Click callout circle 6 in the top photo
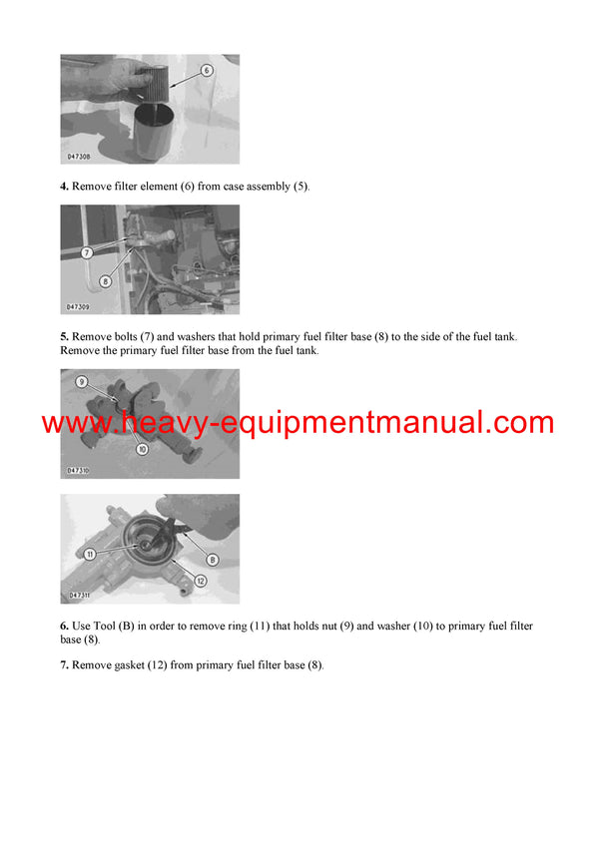pyautogui.click(x=207, y=71)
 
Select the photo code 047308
pyautogui.click(x=80, y=157)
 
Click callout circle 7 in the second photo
pyautogui.click(x=86, y=253)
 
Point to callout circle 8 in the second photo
pyautogui.click(x=105, y=282)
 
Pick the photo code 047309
pyautogui.click(x=80, y=307)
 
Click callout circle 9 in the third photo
pyautogui.click(x=82, y=382)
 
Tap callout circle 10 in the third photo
pyautogui.click(x=143, y=449)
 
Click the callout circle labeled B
pyautogui.click(x=212, y=560)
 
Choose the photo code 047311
pyautogui.click(x=80, y=596)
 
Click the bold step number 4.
pyautogui.click(x=64, y=187)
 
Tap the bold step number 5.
pyautogui.click(x=64, y=337)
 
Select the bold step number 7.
pyautogui.click(x=64, y=665)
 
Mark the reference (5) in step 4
pyautogui.click(x=301, y=187)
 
